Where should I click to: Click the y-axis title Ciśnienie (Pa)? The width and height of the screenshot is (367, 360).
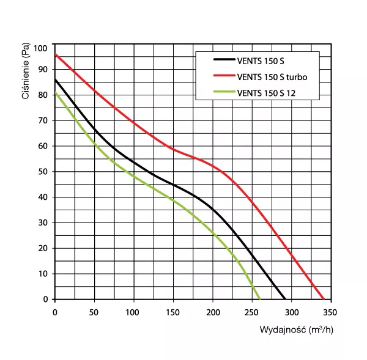click(x=26, y=72)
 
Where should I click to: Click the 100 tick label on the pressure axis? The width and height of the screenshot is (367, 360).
click(x=41, y=48)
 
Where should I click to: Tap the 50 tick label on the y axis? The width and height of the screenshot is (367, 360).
click(x=43, y=172)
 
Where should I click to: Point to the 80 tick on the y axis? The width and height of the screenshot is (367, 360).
click(x=43, y=95)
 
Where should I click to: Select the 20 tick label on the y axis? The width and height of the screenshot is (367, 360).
click(x=43, y=248)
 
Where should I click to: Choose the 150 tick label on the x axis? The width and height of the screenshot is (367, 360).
click(x=173, y=312)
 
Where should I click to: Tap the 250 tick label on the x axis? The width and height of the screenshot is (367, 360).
click(x=251, y=312)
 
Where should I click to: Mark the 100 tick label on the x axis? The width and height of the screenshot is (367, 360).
click(x=133, y=312)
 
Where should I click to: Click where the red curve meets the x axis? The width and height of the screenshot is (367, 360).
click(x=324, y=299)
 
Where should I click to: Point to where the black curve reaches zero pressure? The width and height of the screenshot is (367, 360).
click(x=285, y=299)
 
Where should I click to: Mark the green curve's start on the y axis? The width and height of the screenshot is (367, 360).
click(x=55, y=93)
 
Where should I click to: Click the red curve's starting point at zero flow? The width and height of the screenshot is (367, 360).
click(x=55, y=54)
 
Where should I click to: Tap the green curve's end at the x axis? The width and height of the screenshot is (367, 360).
click(x=260, y=299)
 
